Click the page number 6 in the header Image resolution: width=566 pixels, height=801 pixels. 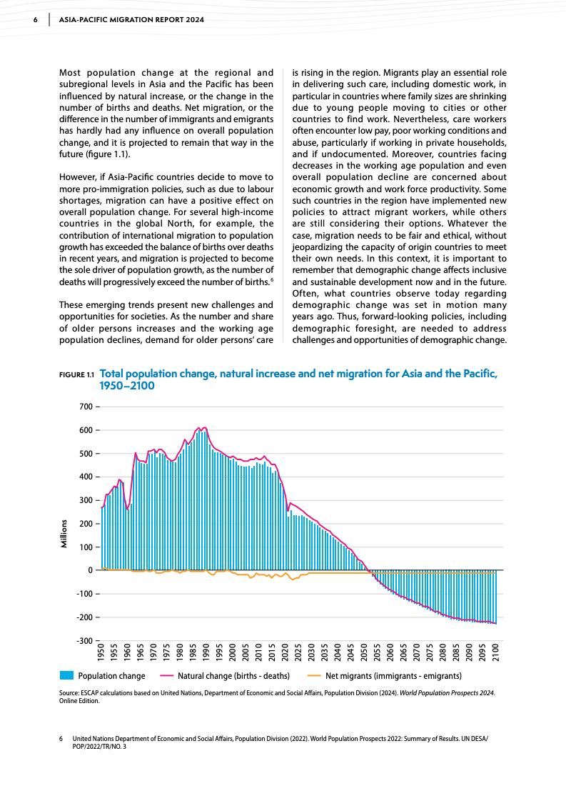[x=36, y=19]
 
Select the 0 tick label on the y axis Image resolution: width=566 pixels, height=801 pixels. [x=90, y=570]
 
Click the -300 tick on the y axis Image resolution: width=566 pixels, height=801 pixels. [x=83, y=640]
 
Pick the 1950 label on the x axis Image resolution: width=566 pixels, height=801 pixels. [x=101, y=655]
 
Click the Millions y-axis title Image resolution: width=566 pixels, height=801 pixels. [x=64, y=533]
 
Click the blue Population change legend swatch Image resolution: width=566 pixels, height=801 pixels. [x=66, y=675]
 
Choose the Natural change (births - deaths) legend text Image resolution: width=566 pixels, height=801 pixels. [x=233, y=676]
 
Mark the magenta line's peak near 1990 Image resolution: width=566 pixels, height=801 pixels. [x=205, y=427]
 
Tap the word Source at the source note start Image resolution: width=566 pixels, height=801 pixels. [x=71, y=693]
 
